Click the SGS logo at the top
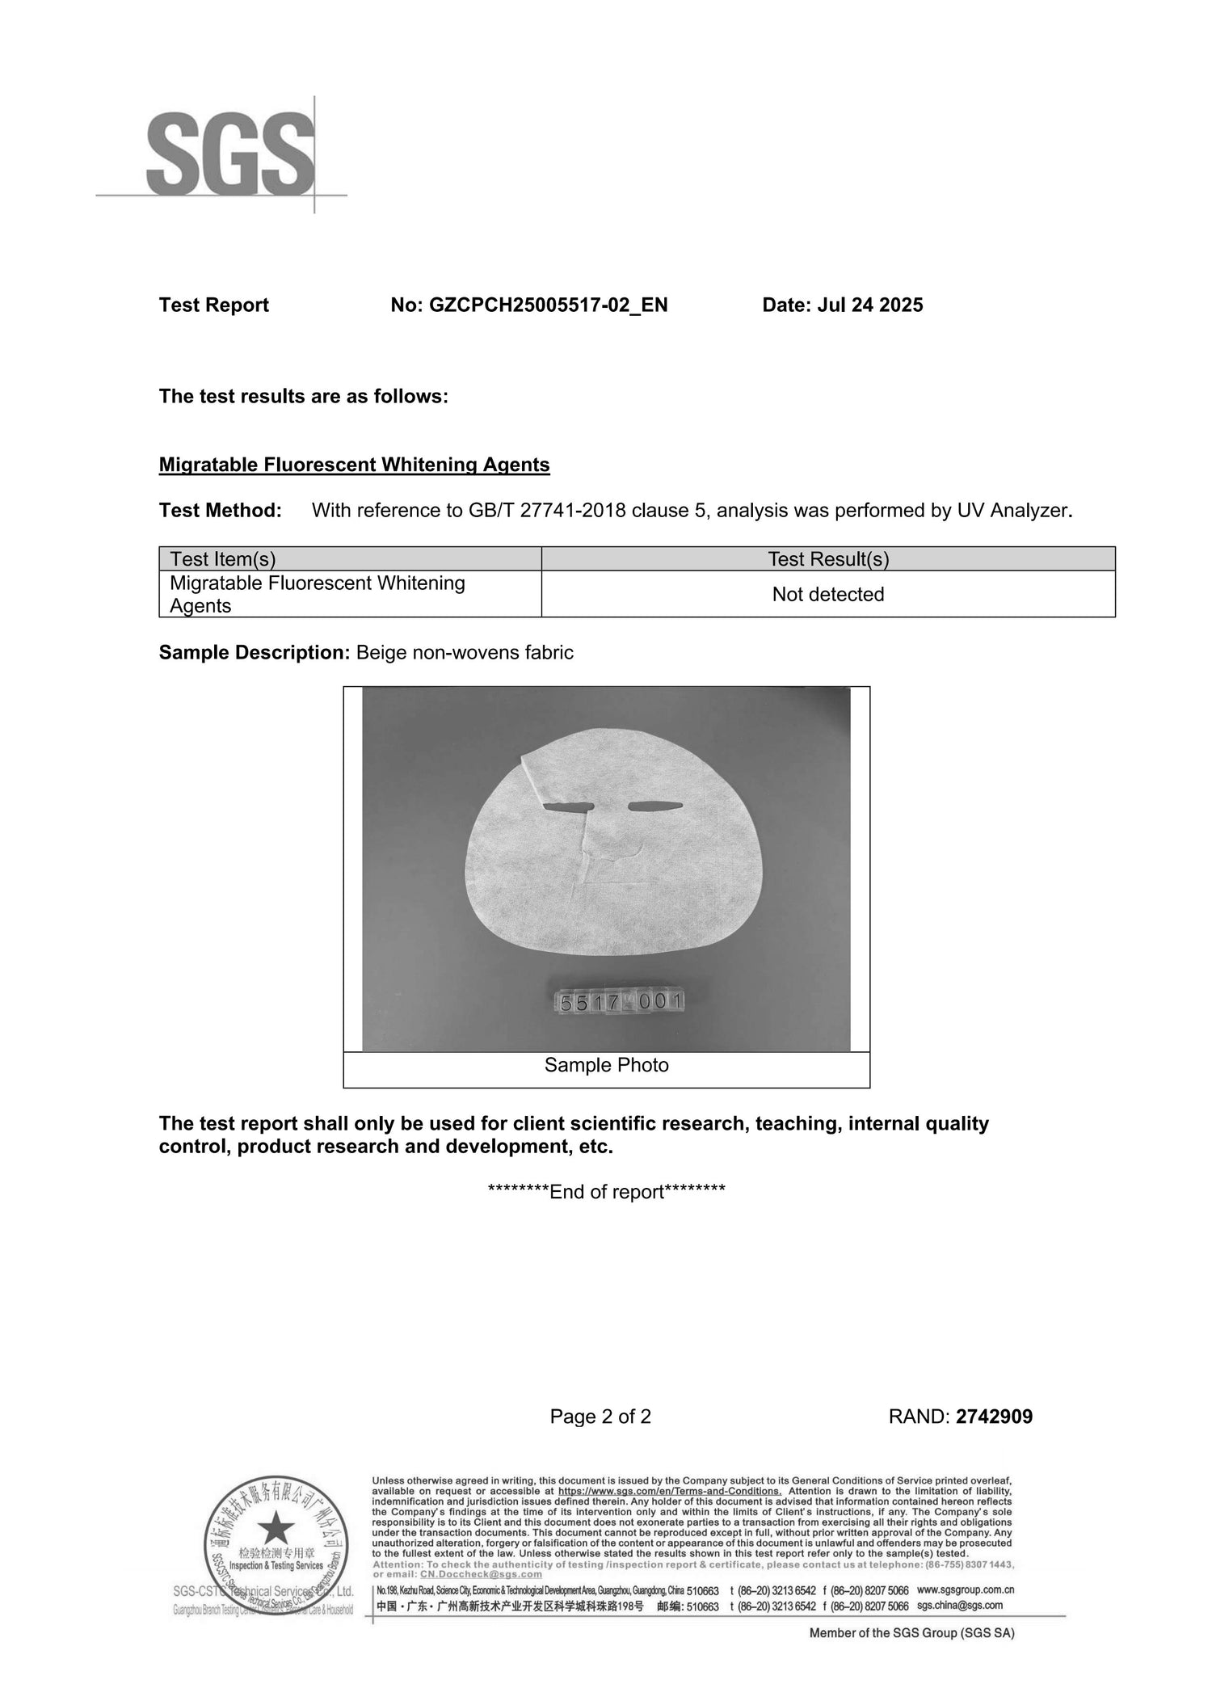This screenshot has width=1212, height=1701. (230, 154)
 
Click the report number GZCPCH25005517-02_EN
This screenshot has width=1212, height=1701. (548, 305)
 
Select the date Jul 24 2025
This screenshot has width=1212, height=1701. (869, 305)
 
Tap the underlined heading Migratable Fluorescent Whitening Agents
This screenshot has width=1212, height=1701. (354, 465)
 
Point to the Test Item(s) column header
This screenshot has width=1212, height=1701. (223, 559)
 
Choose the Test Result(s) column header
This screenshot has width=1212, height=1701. (827, 559)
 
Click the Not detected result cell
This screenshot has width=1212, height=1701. (827, 595)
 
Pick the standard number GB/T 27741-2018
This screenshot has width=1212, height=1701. (545, 511)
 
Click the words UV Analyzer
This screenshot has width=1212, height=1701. (1013, 511)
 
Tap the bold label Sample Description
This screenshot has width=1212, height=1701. (253, 653)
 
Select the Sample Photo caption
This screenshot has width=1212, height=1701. (606, 1065)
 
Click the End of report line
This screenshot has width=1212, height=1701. (606, 1192)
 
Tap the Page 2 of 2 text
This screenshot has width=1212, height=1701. (600, 1417)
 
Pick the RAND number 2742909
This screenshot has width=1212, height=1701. (994, 1417)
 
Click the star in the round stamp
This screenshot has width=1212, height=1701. (276, 1528)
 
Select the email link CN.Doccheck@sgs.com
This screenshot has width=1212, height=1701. (481, 1574)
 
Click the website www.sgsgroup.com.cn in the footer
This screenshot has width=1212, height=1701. (965, 1589)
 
